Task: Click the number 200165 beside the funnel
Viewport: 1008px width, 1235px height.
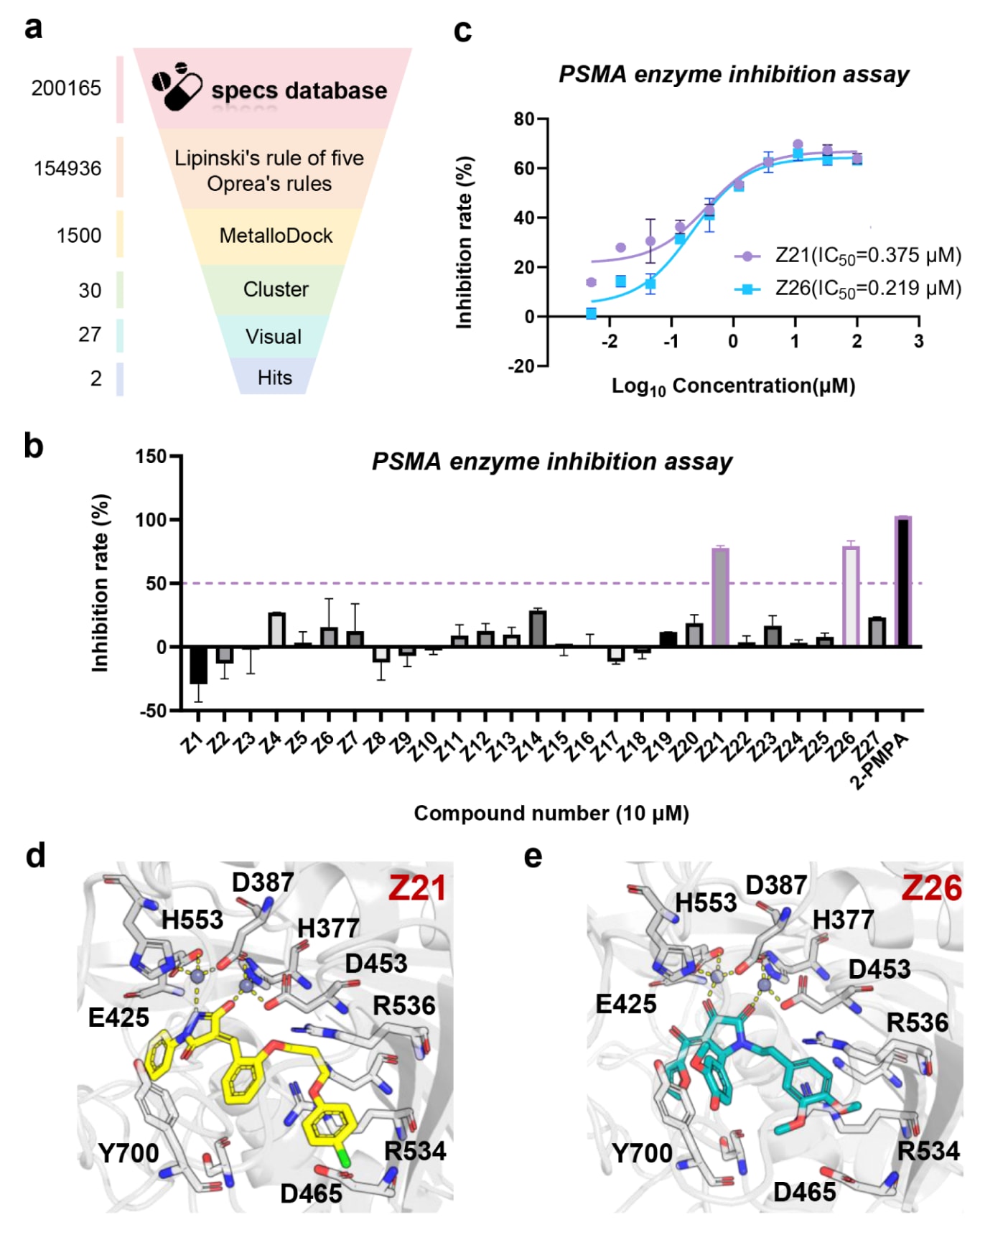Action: point(66,88)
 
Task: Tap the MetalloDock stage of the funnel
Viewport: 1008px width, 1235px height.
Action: point(276,236)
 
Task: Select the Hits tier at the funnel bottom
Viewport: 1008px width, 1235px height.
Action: point(274,378)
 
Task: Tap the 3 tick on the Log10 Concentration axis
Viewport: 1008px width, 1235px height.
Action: point(918,341)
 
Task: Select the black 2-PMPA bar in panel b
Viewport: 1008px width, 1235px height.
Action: point(903,582)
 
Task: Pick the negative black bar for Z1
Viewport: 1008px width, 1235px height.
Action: point(198,665)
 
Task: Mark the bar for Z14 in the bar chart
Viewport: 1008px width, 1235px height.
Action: point(538,628)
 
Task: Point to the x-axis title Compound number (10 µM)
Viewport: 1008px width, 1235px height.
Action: point(551,813)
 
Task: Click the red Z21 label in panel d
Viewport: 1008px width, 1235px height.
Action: point(417,888)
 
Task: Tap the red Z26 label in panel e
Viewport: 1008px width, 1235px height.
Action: point(931,888)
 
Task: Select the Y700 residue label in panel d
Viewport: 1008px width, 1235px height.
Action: point(129,1153)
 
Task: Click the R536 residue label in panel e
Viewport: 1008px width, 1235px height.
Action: point(917,1022)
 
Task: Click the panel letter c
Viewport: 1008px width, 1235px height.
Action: point(463,31)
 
